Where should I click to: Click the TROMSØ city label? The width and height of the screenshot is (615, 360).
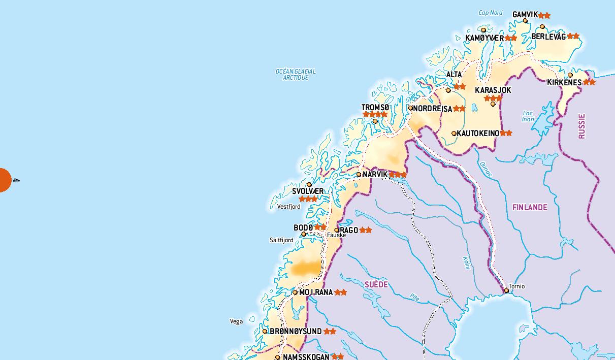(x=375, y=107)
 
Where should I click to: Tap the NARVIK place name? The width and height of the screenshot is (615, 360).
(x=375, y=174)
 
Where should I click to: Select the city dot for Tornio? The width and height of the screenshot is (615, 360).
(x=506, y=291)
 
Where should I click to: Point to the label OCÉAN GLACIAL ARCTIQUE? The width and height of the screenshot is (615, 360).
(x=296, y=75)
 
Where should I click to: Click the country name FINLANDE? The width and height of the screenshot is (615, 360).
(x=530, y=207)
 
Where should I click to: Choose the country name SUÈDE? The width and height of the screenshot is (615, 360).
(x=376, y=284)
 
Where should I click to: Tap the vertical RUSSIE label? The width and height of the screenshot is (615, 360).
(x=582, y=126)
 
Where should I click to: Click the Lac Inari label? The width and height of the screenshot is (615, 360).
(x=528, y=116)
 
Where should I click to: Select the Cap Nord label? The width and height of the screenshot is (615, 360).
(x=491, y=13)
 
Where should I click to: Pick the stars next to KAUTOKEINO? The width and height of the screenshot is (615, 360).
(x=506, y=133)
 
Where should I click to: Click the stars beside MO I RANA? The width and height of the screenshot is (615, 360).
(x=340, y=292)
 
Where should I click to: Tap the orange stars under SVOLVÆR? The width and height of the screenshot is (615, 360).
(x=308, y=199)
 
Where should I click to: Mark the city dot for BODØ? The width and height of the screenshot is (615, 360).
(x=304, y=234)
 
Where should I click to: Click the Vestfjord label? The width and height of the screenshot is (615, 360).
(x=288, y=207)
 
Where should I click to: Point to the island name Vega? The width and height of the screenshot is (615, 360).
(x=236, y=321)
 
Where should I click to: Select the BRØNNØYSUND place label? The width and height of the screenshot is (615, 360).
(x=296, y=331)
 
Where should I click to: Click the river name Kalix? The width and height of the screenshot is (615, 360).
(x=466, y=263)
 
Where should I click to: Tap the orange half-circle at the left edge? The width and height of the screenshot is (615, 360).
(x=5, y=180)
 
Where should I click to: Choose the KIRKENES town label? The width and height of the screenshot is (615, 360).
(x=564, y=82)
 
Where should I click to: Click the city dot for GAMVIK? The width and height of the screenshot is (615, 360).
(x=525, y=21)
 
